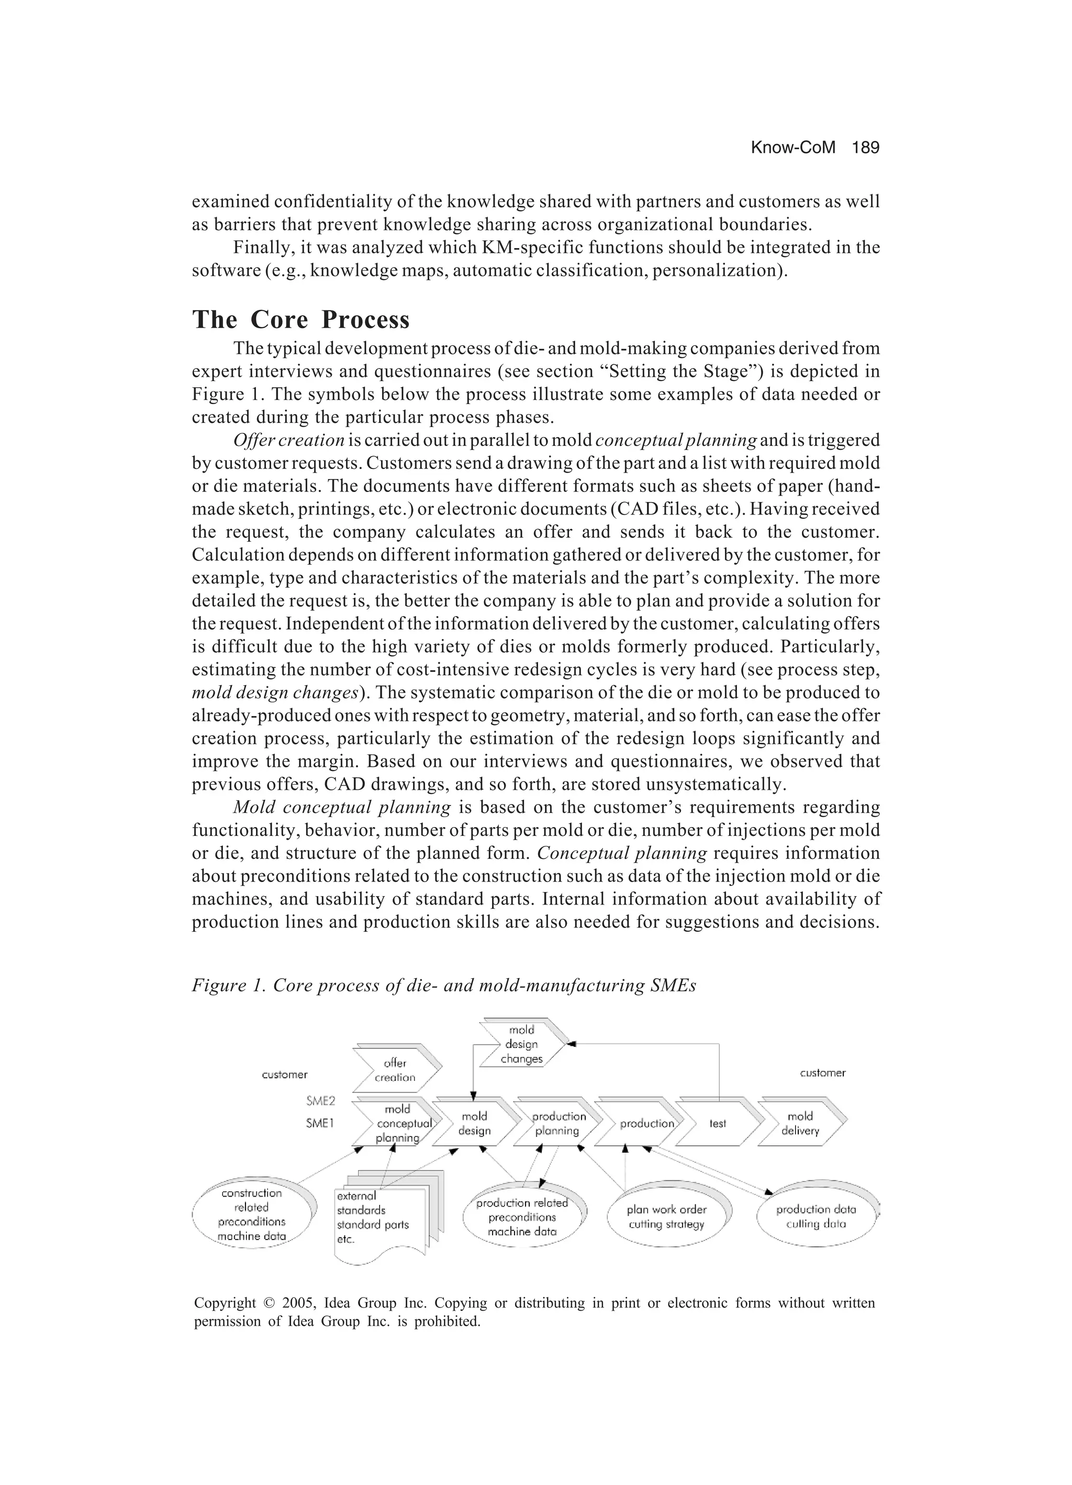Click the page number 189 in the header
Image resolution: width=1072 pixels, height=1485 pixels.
coord(865,148)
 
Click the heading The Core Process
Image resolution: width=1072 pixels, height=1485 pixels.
coord(300,319)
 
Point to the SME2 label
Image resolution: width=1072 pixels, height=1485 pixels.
coord(321,1101)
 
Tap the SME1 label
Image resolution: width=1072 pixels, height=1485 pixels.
coord(320,1123)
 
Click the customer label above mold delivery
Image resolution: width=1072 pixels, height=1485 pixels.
coord(822,1073)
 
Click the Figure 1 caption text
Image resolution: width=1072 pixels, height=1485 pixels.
coord(443,986)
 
